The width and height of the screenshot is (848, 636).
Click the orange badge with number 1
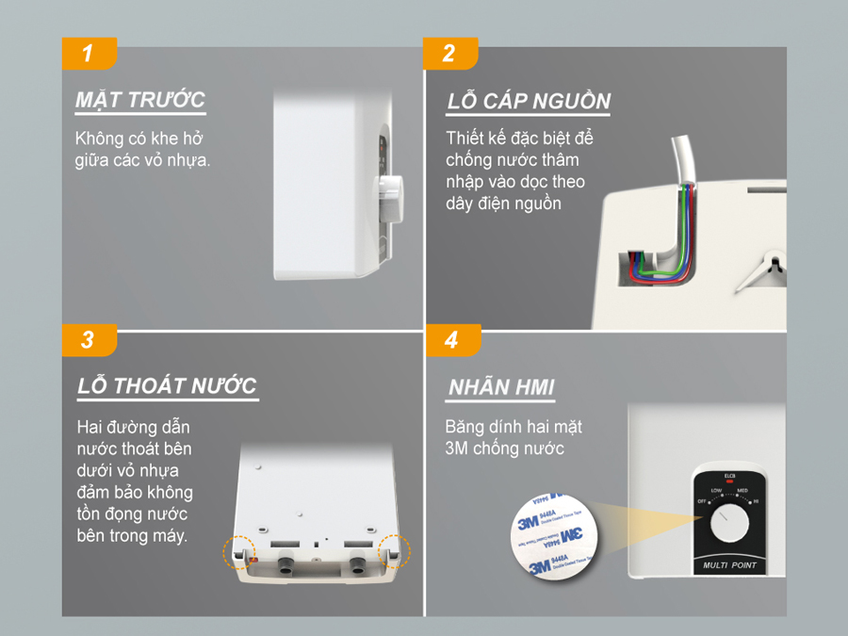click(89, 53)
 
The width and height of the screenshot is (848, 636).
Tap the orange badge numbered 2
click(450, 53)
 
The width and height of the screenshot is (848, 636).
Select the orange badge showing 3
click(89, 339)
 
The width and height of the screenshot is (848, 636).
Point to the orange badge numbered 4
click(450, 339)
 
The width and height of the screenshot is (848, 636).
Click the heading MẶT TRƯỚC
click(139, 100)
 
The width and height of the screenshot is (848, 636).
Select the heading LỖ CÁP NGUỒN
click(528, 102)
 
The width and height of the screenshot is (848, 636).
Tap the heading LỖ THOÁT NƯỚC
click(167, 386)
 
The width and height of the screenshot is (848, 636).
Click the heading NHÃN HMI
click(500, 387)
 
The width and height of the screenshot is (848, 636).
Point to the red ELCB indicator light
click(729, 481)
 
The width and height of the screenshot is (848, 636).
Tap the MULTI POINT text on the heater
click(729, 566)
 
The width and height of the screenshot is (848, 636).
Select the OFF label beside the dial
click(702, 501)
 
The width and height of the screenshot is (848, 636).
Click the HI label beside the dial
click(756, 501)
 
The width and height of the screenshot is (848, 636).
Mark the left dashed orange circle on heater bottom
click(237, 553)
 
